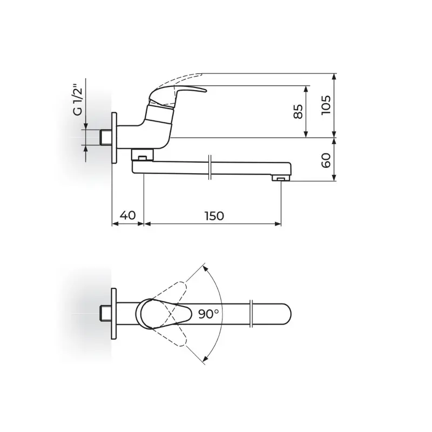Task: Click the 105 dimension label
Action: pos(326,105)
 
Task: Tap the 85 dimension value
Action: pos(298,112)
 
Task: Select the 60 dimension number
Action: pos(326,160)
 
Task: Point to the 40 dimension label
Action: pos(128,215)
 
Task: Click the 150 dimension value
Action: pos(214,216)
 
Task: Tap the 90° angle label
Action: pos(208,314)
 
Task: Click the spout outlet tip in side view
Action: pos(281,179)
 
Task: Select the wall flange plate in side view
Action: pos(114,138)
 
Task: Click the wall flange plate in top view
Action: pos(113,314)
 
